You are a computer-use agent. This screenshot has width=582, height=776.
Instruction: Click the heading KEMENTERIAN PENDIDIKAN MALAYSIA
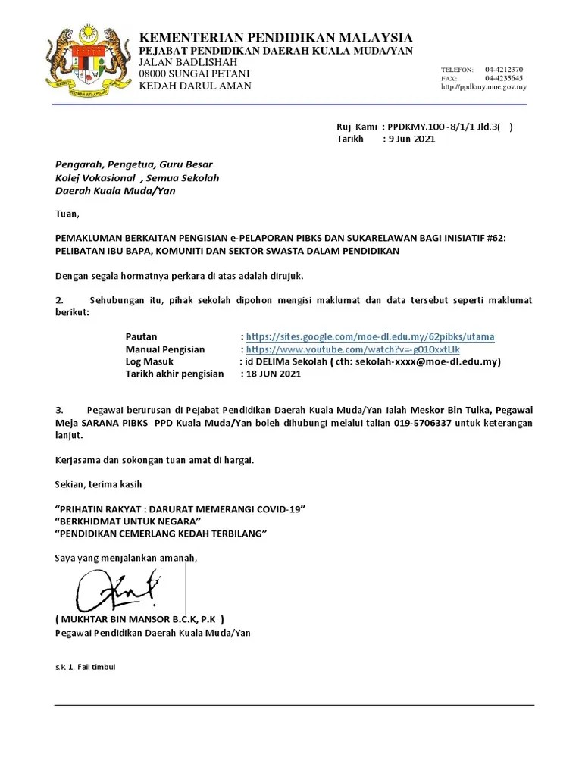pos(276,38)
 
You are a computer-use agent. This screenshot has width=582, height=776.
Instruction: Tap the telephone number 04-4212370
pos(504,70)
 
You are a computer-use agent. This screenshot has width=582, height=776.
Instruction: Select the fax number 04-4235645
pos(504,78)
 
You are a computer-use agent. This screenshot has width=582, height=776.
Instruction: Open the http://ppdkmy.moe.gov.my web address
pos(483,87)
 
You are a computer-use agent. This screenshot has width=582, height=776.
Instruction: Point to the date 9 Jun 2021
pos(411,139)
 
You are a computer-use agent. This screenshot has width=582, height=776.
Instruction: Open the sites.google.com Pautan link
pos(371,336)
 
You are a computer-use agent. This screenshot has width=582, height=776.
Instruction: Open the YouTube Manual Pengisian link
pos(352,349)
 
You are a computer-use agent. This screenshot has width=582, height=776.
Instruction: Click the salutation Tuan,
pos(67,214)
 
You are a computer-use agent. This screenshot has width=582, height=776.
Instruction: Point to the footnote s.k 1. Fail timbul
pos(85,668)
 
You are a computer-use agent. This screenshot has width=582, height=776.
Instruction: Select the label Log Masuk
pos(149,361)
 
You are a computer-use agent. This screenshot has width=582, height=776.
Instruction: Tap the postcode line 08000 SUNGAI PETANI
pos(194,74)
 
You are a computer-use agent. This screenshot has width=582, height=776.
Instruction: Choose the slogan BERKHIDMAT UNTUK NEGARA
pos(128,521)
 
